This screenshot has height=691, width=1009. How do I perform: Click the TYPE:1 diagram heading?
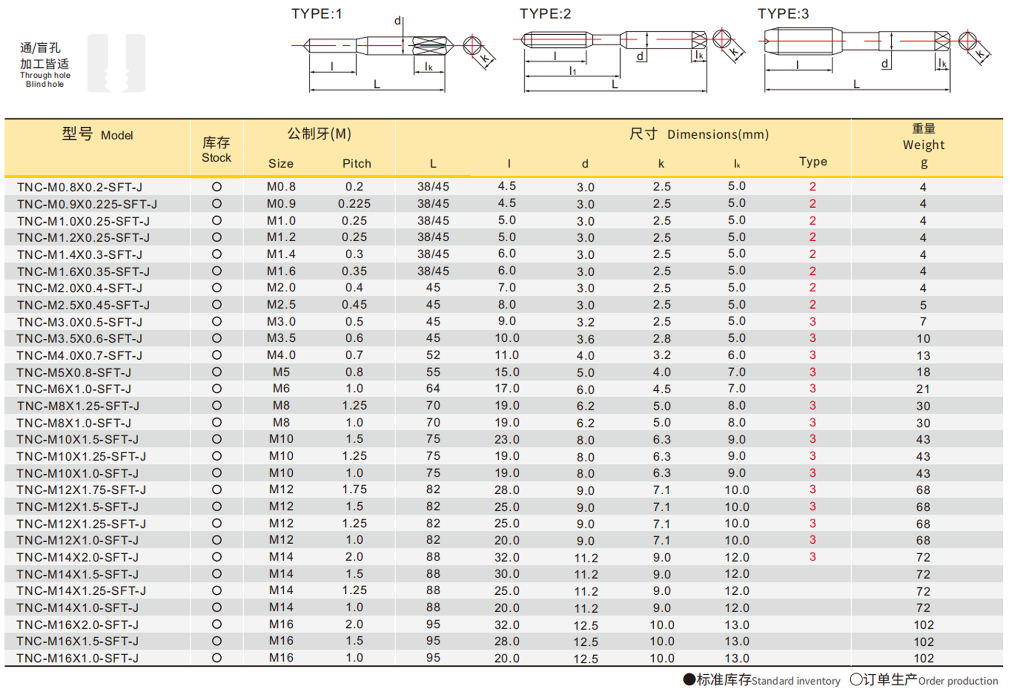[316, 14]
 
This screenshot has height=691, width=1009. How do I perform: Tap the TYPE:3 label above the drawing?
[783, 14]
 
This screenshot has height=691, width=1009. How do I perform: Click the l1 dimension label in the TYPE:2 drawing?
[572, 70]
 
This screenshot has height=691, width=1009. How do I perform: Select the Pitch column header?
[356, 164]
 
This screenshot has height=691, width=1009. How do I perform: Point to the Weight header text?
[923, 145]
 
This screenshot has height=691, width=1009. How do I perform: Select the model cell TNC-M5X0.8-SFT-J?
[74, 372]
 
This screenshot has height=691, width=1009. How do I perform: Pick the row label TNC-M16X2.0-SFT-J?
[77, 625]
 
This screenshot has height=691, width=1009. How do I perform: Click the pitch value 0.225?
[354, 204]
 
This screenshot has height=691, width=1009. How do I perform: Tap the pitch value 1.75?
[354, 490]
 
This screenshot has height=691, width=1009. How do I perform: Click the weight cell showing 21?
[923, 389]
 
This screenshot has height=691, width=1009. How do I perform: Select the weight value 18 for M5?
[923, 372]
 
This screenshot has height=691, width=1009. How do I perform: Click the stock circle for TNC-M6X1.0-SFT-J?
[217, 389]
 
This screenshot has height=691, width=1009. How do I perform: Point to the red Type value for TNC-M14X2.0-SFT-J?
[812, 557]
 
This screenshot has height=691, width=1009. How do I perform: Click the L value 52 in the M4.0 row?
[433, 355]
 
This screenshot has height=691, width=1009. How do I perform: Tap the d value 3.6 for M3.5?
[585, 339]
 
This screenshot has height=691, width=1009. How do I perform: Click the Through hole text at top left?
[45, 75]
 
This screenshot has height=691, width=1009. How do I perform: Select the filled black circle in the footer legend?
[689, 679]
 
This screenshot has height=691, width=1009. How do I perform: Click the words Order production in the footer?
[957, 681]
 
